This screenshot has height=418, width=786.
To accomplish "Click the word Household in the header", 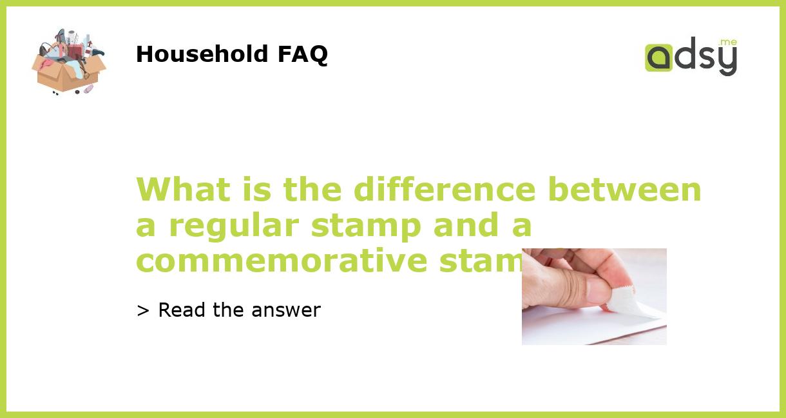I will [203, 54].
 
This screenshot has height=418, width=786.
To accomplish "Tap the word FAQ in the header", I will [302, 54].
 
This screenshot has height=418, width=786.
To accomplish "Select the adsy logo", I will [691, 56].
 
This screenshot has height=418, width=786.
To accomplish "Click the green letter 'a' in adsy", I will [658, 58].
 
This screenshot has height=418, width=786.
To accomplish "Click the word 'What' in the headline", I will [182, 190].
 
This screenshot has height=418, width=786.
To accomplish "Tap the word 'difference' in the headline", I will [444, 190].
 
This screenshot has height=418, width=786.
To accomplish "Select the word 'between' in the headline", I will [624, 190].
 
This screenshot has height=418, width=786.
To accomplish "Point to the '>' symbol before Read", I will [143, 311].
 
